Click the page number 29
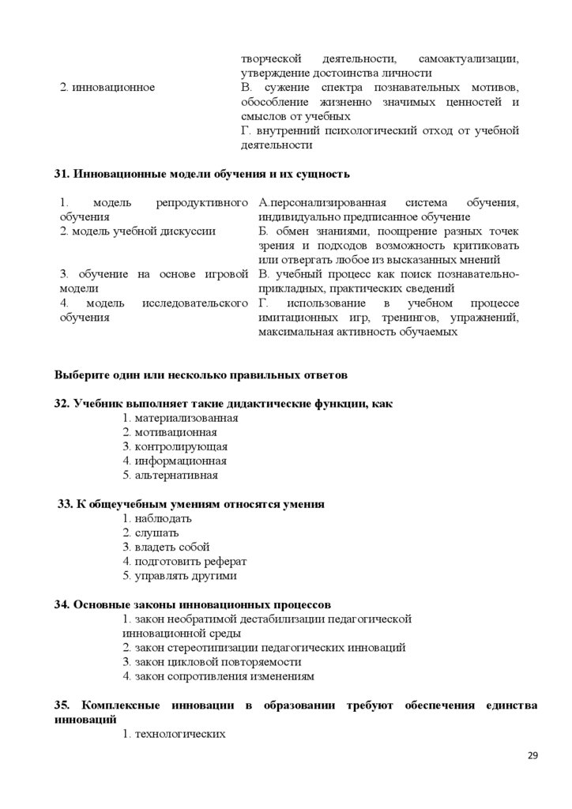click(x=532, y=756)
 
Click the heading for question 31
click(x=202, y=174)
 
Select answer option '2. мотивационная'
click(x=170, y=432)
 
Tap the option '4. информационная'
click(x=175, y=461)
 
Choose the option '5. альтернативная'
click(x=170, y=476)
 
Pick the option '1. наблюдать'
click(x=157, y=518)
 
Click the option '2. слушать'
click(x=151, y=532)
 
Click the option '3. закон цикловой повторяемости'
click(x=212, y=662)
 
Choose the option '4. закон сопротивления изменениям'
click(x=218, y=676)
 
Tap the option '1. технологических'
click(x=174, y=734)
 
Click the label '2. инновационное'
click(x=107, y=88)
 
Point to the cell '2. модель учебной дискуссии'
click(x=137, y=231)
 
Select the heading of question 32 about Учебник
click(x=224, y=403)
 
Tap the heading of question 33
click(x=190, y=503)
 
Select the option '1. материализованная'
click(x=180, y=418)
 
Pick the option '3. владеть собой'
click(x=166, y=547)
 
